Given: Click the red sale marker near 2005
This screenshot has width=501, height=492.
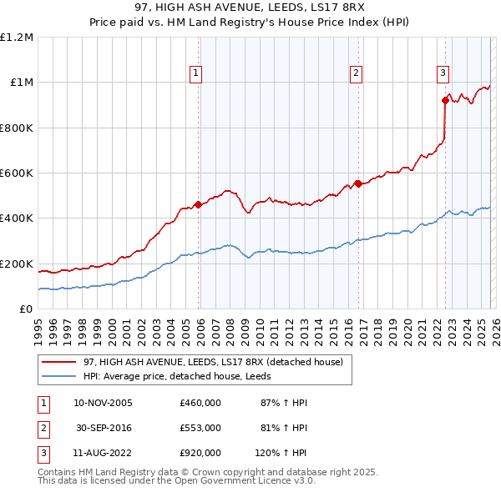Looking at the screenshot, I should [x=198, y=204].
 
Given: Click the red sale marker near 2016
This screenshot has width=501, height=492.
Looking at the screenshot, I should [x=357, y=183].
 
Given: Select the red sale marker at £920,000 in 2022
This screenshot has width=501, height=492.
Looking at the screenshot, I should [x=444, y=100].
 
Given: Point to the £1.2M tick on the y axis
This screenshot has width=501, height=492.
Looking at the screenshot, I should [x=17, y=38].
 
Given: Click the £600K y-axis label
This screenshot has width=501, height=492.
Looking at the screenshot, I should [x=17, y=173].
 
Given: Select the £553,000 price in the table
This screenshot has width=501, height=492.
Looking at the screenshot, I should [x=200, y=428].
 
